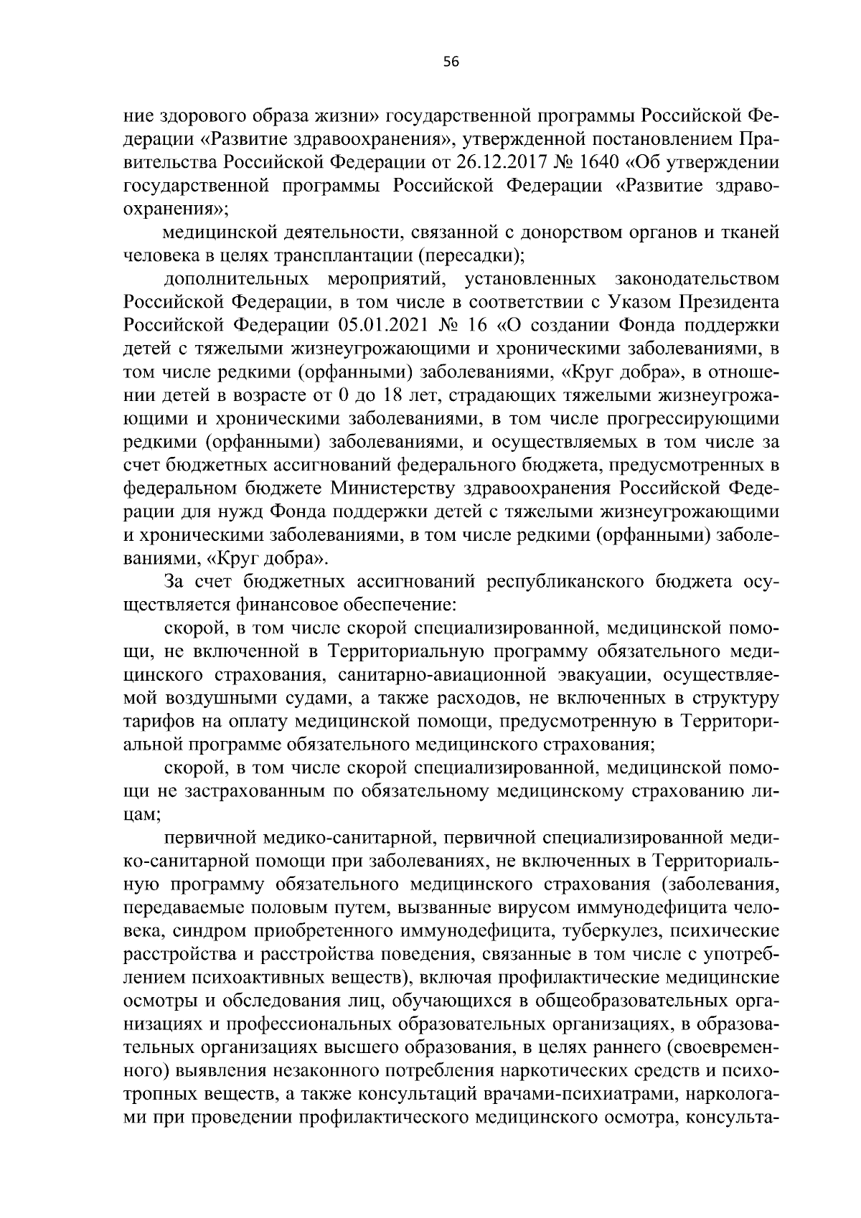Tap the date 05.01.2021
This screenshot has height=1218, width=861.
(x=378, y=325)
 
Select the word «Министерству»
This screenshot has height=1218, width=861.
(x=403, y=488)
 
